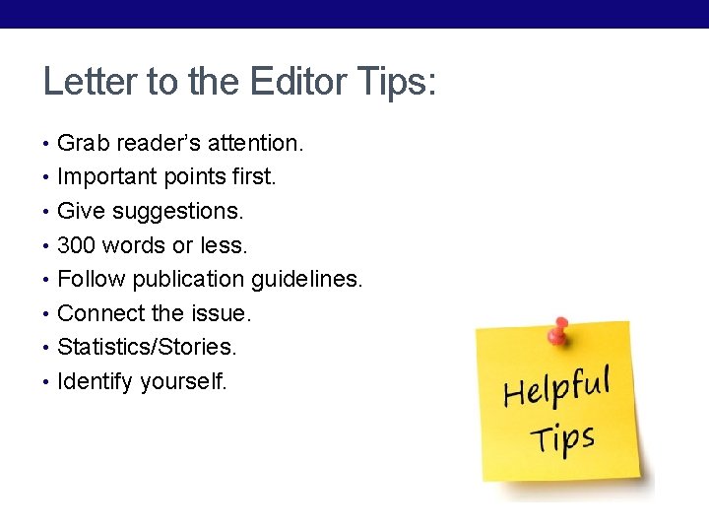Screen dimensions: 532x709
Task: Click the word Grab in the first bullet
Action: [x=84, y=143]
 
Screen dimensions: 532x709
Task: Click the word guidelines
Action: [x=306, y=280]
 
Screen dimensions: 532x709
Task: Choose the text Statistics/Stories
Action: [x=147, y=347]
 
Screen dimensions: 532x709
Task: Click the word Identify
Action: [x=96, y=381]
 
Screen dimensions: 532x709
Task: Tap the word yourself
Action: [x=183, y=381]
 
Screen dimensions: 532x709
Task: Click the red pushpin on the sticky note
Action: [x=559, y=331]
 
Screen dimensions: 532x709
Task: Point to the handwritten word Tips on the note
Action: [x=562, y=436]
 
